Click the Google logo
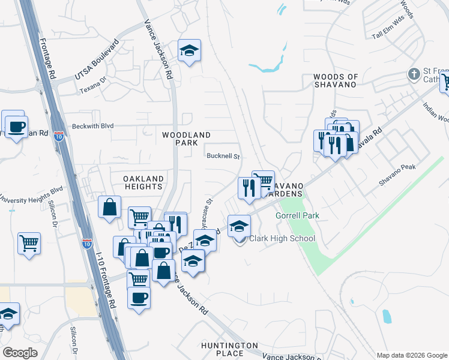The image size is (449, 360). [x=20, y=353]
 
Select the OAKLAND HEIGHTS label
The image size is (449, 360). [x=143, y=182]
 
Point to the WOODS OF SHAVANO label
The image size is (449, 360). [x=336, y=80]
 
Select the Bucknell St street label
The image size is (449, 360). [x=223, y=156]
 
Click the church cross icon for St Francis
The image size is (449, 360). [x=413, y=74]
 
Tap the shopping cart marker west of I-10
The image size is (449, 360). [x=29, y=244]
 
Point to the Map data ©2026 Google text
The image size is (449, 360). [x=411, y=355]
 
